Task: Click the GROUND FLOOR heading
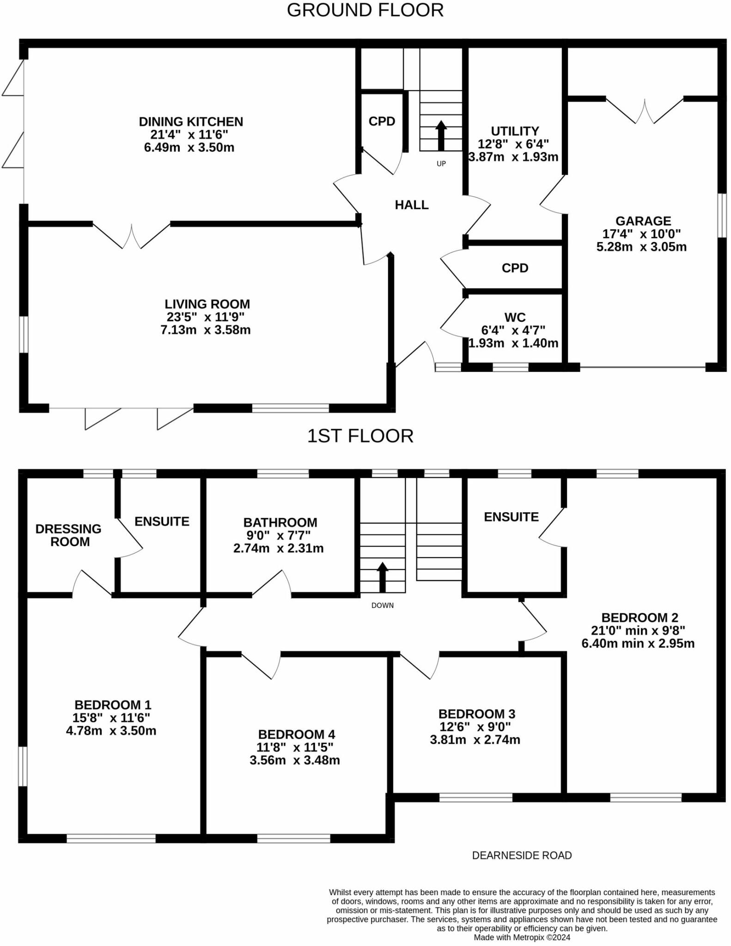(x=365, y=10)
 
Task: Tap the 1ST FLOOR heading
(x=360, y=436)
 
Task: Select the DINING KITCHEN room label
(x=191, y=122)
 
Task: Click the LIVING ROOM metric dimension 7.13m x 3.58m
(x=206, y=330)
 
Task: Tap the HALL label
(x=411, y=205)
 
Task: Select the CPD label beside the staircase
(x=382, y=121)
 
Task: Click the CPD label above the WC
(x=515, y=268)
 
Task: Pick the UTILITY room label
(x=515, y=131)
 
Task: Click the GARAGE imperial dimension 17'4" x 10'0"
(x=641, y=234)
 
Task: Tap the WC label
(x=515, y=318)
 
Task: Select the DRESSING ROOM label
(x=69, y=535)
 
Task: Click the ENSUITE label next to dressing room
(x=162, y=522)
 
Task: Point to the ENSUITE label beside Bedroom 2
(x=511, y=517)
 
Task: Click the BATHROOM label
(x=280, y=522)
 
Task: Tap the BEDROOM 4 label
(x=297, y=734)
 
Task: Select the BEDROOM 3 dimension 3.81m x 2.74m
(x=475, y=740)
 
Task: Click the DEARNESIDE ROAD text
(x=522, y=855)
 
